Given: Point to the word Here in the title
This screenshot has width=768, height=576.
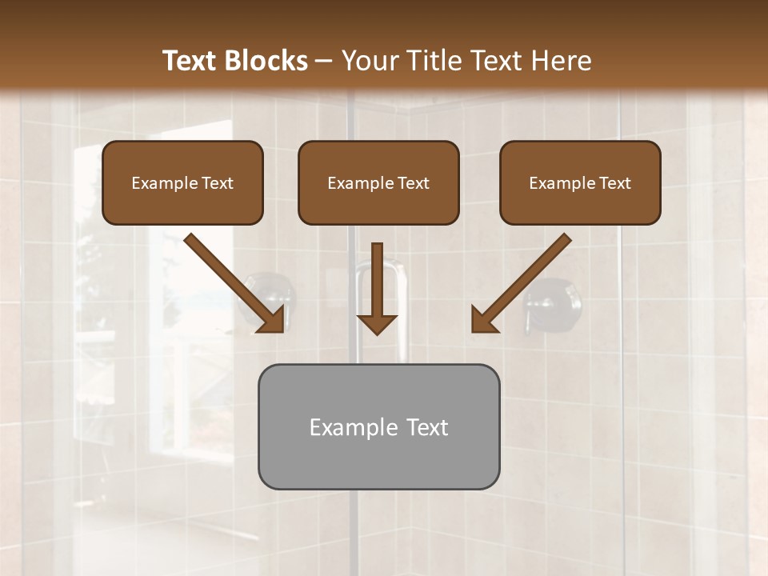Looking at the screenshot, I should pyautogui.click(x=562, y=61).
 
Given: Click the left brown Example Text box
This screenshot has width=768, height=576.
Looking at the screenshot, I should pyautogui.click(x=182, y=183).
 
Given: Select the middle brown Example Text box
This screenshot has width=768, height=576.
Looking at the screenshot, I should pyautogui.click(x=378, y=183).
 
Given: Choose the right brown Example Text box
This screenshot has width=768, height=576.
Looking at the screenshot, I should pyautogui.click(x=580, y=183).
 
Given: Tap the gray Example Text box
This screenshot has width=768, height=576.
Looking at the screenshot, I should pyautogui.click(x=378, y=426).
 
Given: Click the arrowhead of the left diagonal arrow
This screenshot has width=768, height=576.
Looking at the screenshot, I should pyautogui.click(x=272, y=320).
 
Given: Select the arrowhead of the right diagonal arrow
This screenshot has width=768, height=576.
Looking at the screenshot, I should pyautogui.click(x=483, y=320).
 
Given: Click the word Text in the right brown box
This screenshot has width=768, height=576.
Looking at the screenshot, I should pyautogui.click(x=614, y=183).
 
